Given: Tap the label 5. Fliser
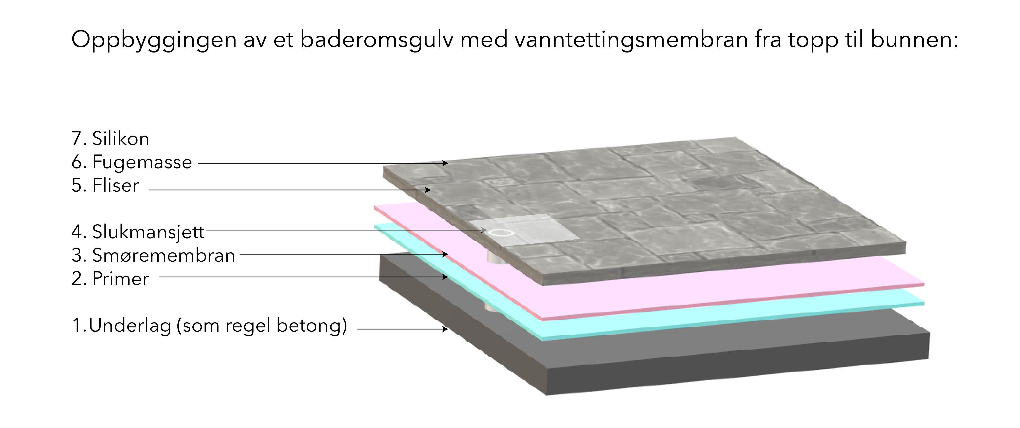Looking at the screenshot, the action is pyautogui.click(x=105, y=185).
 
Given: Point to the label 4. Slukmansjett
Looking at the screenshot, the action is pyautogui.click(x=138, y=232).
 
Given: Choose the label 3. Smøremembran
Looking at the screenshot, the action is pyautogui.click(x=153, y=255).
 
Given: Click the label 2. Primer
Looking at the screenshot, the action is pyautogui.click(x=110, y=279).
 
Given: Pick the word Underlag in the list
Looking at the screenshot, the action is pyautogui.click(x=130, y=326).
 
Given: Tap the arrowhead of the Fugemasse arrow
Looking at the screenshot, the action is pyautogui.click(x=446, y=163).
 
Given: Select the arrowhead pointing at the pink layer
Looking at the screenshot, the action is pyautogui.click(x=446, y=254).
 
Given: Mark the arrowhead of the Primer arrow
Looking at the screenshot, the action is pyautogui.click(x=446, y=277).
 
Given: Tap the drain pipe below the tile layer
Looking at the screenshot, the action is pyautogui.click(x=495, y=259).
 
